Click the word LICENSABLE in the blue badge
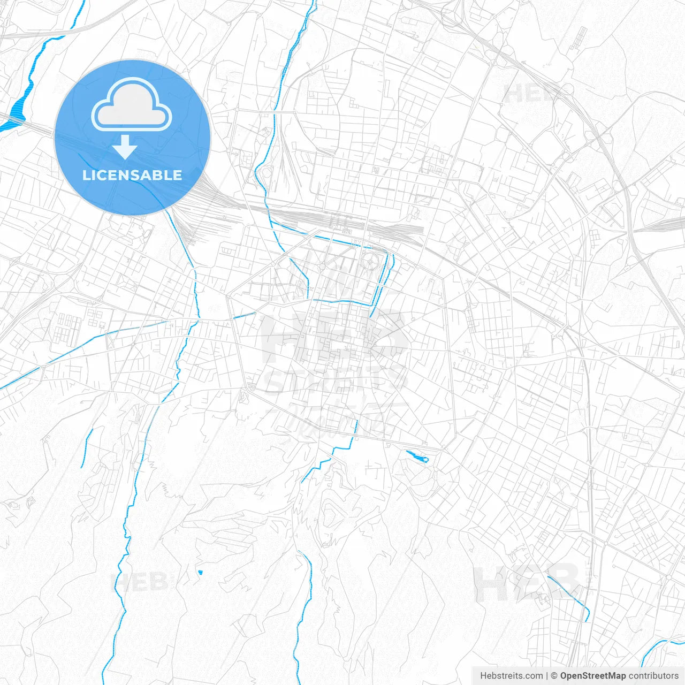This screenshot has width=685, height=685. click(132, 175)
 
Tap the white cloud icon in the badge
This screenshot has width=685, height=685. click(132, 104)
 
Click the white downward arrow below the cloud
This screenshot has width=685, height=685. click(125, 147)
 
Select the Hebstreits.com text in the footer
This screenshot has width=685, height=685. click(512, 676)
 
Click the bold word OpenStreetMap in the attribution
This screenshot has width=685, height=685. click(592, 676)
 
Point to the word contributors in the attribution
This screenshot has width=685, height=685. click(653, 676)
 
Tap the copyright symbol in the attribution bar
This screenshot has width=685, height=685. click(554, 676)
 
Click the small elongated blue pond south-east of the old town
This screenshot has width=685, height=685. click(417, 456)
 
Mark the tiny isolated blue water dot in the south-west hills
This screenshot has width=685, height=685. click(200, 573)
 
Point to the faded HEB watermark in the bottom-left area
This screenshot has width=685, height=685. click(139, 582)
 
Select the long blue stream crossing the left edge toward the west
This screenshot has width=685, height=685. click(80, 348)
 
